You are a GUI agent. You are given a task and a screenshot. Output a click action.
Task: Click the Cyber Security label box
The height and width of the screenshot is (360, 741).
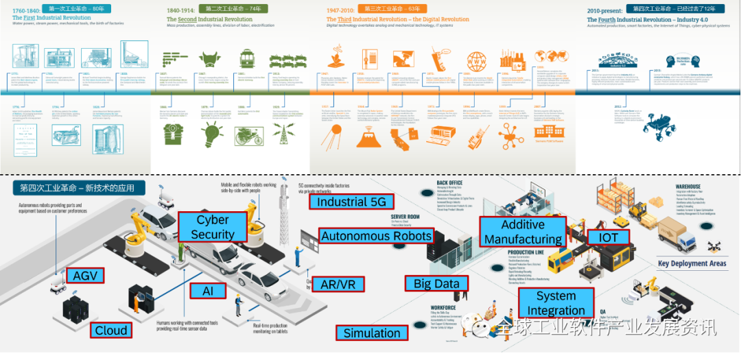click(x=213, y=227)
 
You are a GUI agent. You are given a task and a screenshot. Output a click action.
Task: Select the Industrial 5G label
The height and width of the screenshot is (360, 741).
click(x=351, y=202)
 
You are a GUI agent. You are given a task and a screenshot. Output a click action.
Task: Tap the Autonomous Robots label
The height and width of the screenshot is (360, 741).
click(x=377, y=236)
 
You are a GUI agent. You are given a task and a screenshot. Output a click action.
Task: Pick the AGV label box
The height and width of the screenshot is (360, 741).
click(x=86, y=276)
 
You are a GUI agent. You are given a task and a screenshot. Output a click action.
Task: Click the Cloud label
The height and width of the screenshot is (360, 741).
click(x=111, y=331)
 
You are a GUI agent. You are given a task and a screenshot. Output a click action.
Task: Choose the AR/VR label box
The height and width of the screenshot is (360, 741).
click(x=338, y=284)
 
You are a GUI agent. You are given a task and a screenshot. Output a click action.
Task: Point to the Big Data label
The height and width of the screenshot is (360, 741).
click(x=436, y=283)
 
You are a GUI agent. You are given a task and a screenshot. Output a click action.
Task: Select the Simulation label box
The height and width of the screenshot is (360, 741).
click(x=372, y=333)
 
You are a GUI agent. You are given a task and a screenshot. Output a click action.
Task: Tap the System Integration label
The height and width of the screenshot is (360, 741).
click(x=556, y=303)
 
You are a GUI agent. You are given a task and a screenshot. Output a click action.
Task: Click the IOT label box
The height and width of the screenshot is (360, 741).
click(x=608, y=238)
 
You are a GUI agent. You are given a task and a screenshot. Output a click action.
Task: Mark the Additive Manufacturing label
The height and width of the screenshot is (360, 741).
click(x=523, y=232)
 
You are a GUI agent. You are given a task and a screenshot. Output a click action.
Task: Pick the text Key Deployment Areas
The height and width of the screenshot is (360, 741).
click(x=692, y=263)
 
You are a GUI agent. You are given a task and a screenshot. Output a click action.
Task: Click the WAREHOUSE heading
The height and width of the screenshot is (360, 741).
click(x=688, y=187)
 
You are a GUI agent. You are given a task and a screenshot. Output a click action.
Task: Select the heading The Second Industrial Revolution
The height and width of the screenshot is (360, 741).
click(x=211, y=20)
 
